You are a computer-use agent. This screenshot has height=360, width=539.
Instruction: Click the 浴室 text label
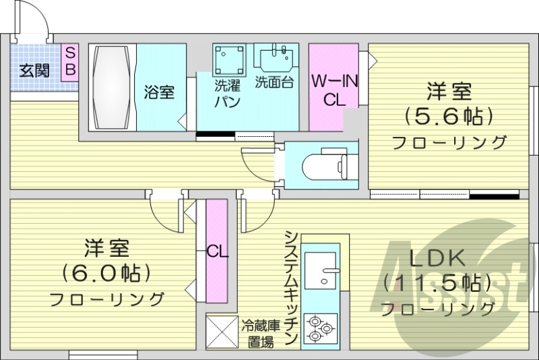click(159, 92)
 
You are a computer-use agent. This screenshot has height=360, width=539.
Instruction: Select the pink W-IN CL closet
click(334, 88)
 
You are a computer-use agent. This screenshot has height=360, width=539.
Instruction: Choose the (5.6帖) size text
click(448, 116)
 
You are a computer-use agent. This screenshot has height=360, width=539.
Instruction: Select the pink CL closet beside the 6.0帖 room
click(217, 252)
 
